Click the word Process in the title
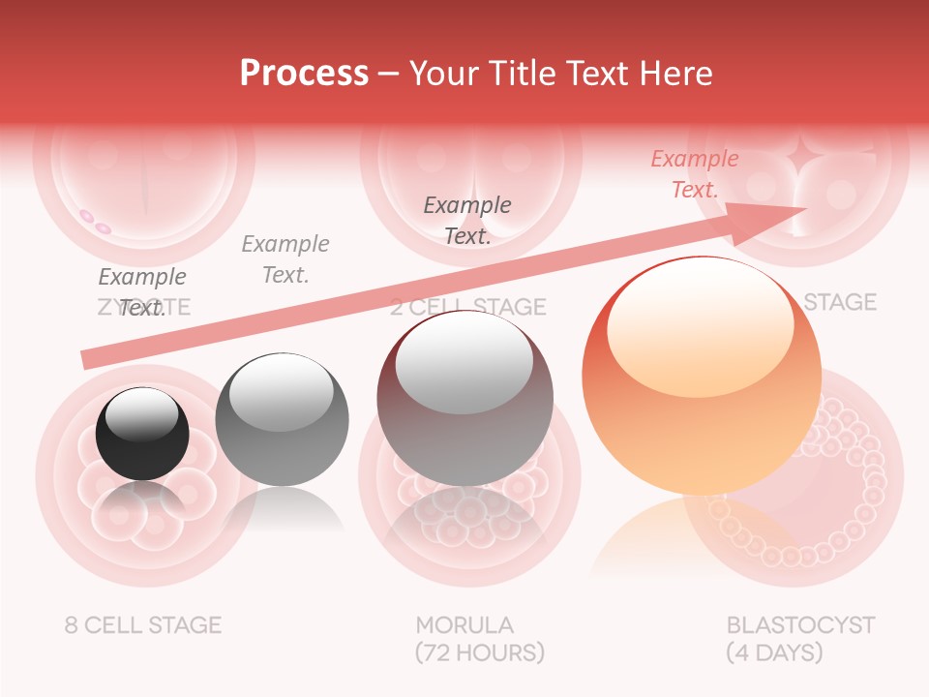pos(304,73)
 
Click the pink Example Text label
pos(694,174)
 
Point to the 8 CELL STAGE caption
pos(143,624)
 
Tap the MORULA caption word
pos(464,624)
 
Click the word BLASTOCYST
pos(800,624)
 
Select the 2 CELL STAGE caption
pos(468,307)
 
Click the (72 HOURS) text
pos(479,652)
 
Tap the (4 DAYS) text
pos(774,652)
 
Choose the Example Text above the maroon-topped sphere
pos(467,220)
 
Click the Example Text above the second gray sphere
pos(285,258)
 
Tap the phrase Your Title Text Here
pos(560,73)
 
